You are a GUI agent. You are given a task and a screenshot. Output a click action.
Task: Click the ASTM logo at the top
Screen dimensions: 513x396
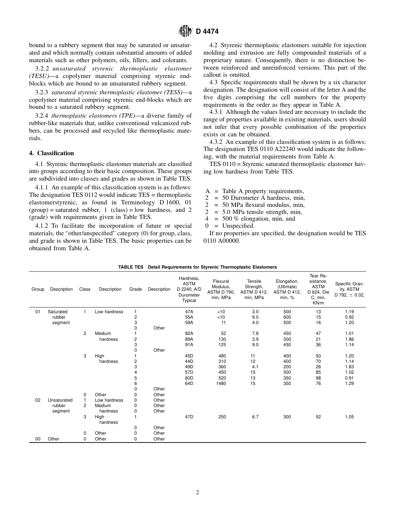185,31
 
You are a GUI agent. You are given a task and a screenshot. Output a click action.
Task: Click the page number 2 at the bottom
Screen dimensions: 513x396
198,492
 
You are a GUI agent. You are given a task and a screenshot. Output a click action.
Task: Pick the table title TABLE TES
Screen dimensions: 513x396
130,267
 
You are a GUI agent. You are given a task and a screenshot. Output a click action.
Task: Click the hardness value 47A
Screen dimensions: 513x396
189,312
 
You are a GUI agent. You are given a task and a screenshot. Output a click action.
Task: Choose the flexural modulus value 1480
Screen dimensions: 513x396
221,383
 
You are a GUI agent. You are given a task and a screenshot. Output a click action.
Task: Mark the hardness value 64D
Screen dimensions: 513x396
189,383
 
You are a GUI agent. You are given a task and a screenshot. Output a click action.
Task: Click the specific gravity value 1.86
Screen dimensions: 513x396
349,339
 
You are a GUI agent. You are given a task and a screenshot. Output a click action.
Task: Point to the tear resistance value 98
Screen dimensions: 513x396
318,378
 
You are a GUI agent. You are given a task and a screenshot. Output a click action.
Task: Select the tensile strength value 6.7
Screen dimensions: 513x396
255,417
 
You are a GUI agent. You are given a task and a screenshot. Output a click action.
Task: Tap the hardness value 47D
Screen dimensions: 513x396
189,417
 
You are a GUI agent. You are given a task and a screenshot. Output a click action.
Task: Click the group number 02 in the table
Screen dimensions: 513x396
38,400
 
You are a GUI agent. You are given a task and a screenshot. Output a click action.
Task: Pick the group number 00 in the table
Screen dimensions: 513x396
38,439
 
